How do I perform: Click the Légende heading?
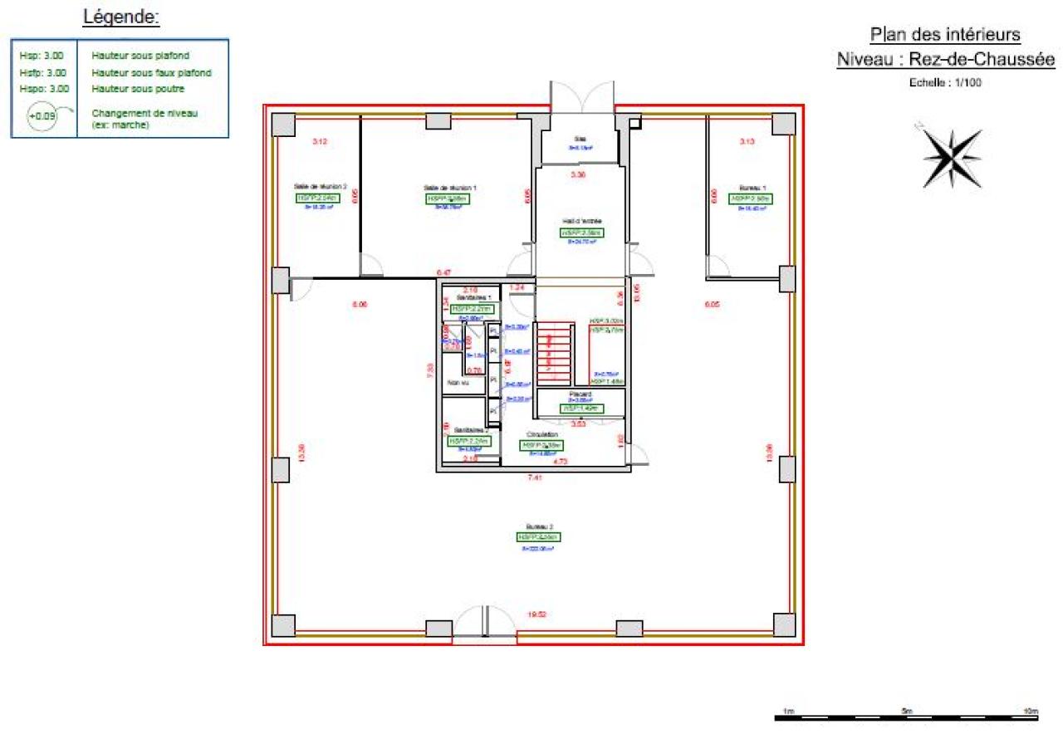[x=121, y=17]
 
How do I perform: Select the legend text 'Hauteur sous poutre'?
[x=138, y=88]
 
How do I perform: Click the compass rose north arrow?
[x=952, y=157]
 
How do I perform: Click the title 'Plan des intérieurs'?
[x=945, y=35]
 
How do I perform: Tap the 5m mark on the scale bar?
[x=907, y=712]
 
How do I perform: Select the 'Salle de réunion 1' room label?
[x=450, y=188]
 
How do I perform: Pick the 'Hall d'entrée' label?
[x=581, y=222]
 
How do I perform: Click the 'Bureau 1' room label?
[x=752, y=188]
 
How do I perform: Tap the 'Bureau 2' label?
[x=538, y=526]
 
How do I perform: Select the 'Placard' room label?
[x=580, y=394]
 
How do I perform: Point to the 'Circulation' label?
[x=541, y=434]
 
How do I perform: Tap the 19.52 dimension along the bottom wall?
[x=537, y=614]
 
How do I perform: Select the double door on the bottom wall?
[x=483, y=624]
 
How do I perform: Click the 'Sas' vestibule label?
[x=580, y=139]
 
